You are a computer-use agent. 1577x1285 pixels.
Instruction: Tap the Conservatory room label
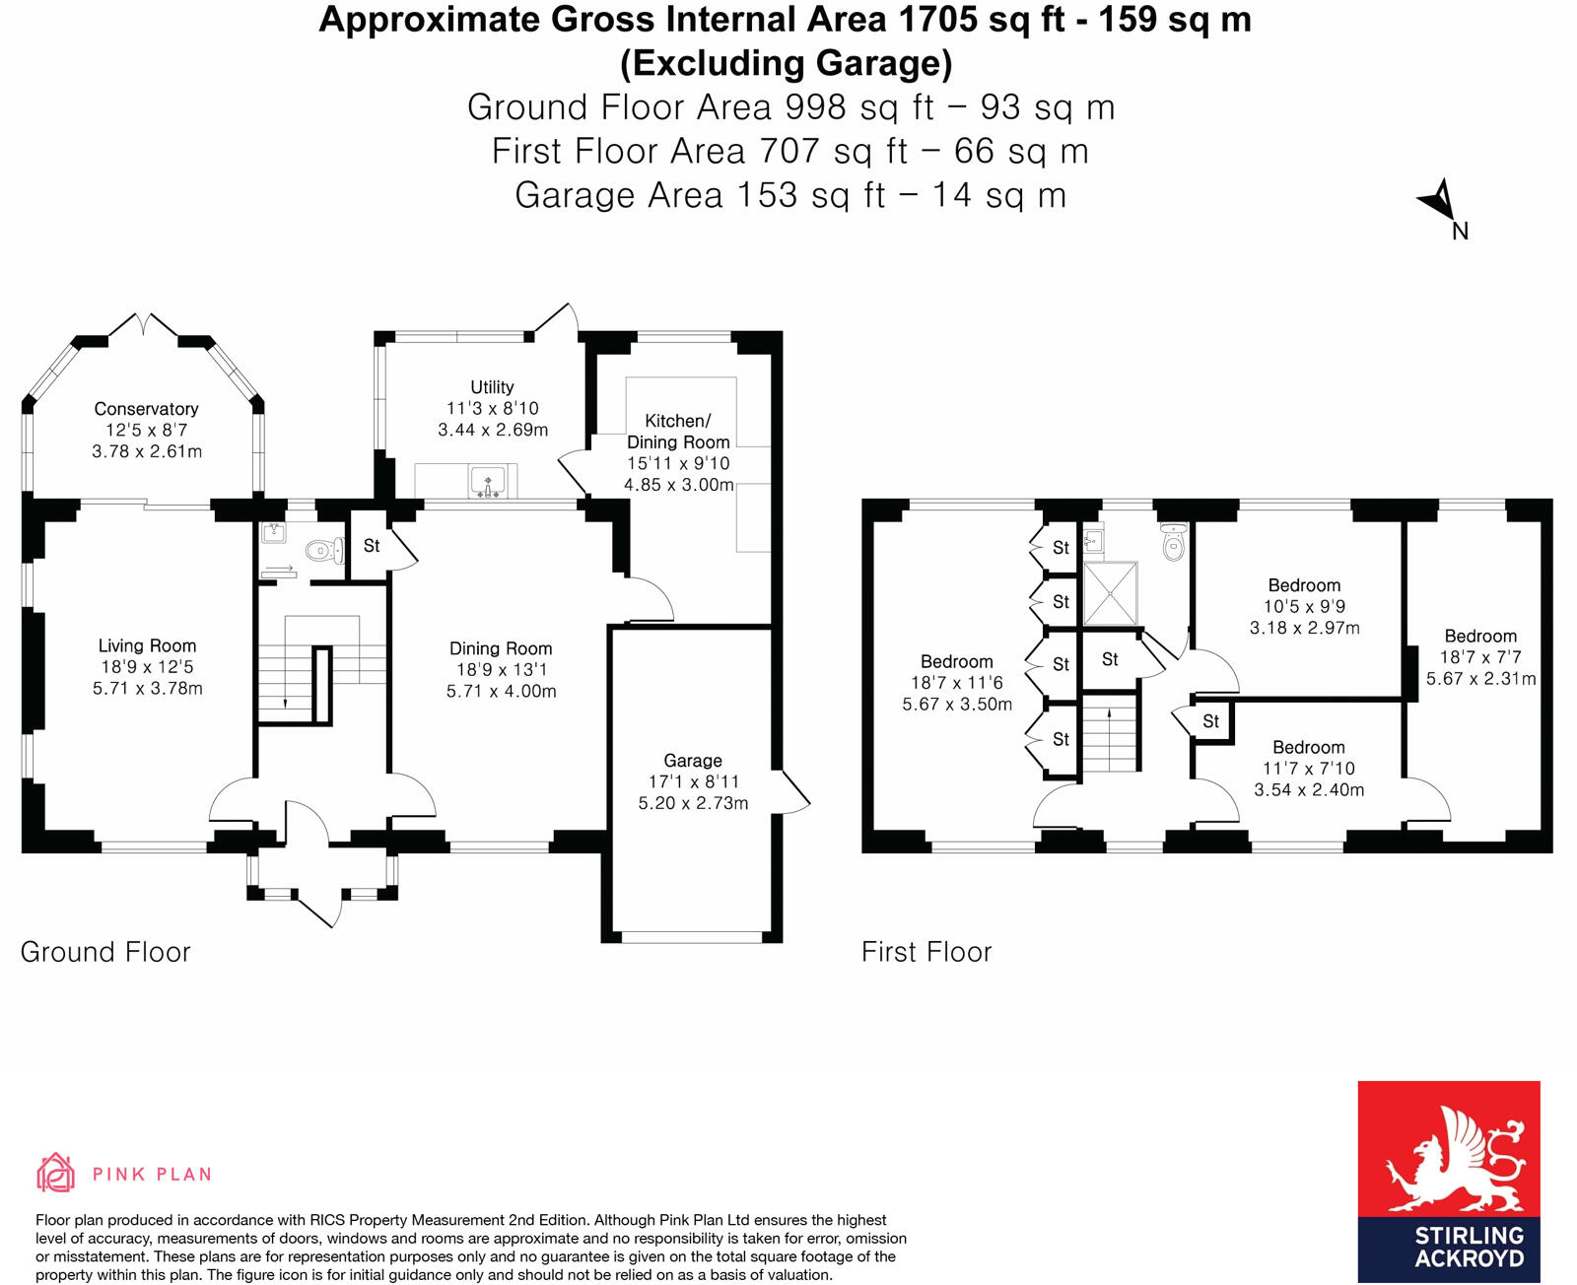pyautogui.click(x=146, y=409)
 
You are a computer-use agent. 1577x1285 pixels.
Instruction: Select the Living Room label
pyautogui.click(x=147, y=646)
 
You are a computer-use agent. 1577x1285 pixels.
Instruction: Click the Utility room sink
pyautogui.click(x=489, y=483)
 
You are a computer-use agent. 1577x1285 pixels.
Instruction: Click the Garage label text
pyautogui.click(x=692, y=761)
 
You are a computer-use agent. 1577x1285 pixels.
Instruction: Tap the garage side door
pyautogui.click(x=791, y=791)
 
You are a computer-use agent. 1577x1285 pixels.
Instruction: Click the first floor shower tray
pyautogui.click(x=1111, y=593)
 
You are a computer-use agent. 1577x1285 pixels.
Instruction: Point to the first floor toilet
pyautogui.click(x=1173, y=543)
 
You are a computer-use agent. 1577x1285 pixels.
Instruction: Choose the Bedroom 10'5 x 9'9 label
pyautogui.click(x=1304, y=585)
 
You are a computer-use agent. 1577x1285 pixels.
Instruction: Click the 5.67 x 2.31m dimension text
pyautogui.click(x=1480, y=679)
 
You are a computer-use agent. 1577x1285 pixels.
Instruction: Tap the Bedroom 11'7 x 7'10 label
pyautogui.click(x=1308, y=748)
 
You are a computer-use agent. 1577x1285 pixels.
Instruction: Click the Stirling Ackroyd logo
pyautogui.click(x=1448, y=1181)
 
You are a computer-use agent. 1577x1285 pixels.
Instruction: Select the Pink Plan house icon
pyautogui.click(x=55, y=1173)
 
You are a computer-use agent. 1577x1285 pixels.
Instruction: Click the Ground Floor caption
pyautogui.click(x=105, y=952)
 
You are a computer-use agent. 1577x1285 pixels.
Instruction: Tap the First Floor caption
pyautogui.click(x=926, y=952)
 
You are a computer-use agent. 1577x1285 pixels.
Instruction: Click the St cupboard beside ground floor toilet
pyautogui.click(x=372, y=546)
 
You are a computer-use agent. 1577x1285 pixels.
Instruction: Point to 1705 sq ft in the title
pyautogui.click(x=1008, y=20)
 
